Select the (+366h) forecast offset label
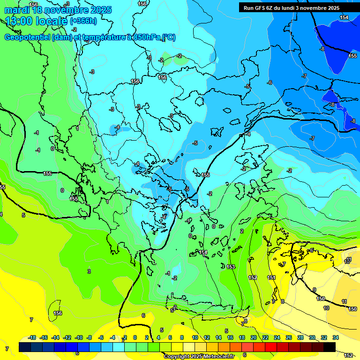85,21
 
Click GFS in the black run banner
265,8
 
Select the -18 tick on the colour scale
32,337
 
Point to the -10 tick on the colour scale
79,337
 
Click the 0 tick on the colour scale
135,337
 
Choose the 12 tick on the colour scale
207,337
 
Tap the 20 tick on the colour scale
254,337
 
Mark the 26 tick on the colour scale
289,337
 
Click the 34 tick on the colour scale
336,337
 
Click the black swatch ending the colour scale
330,347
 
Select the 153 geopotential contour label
231,267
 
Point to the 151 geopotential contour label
271,277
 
